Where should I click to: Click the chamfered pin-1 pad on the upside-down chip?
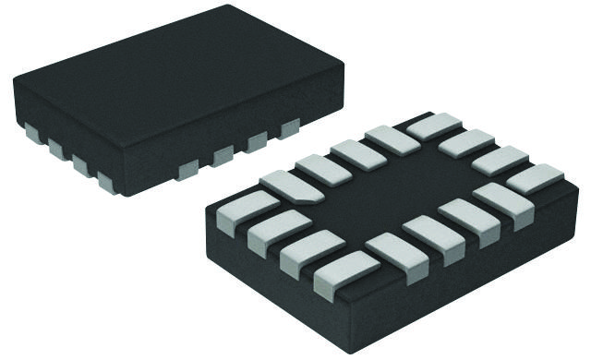(x=290, y=186)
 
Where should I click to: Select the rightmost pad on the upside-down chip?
(x=535, y=177)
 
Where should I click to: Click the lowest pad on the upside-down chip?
(x=344, y=274)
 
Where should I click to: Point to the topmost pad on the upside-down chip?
(x=433, y=126)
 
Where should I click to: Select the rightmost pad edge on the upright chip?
(x=289, y=128)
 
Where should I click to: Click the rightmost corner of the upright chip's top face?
(x=344, y=63)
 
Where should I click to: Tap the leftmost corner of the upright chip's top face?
(x=14, y=79)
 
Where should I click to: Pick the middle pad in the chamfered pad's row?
(x=358, y=154)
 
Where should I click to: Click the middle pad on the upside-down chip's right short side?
(x=500, y=160)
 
